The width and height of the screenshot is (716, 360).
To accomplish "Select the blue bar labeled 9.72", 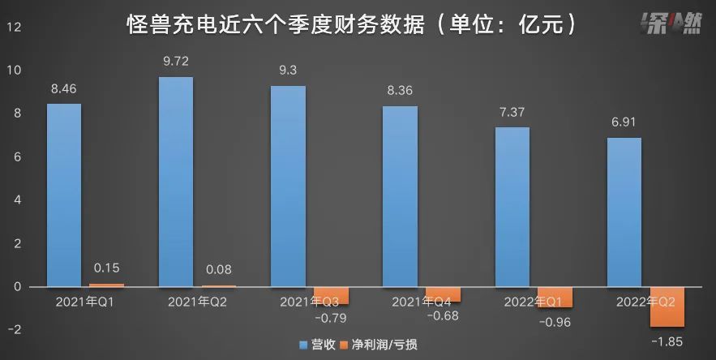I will coord(176,182).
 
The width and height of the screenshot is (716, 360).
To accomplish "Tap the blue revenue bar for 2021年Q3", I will coord(288,186).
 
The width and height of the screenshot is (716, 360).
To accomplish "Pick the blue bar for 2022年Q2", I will coord(624,212).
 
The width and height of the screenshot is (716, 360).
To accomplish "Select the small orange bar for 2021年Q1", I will coord(106,285).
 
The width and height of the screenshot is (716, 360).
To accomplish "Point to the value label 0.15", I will coord(106,267).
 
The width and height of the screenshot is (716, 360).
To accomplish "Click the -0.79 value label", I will coord(331,316).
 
